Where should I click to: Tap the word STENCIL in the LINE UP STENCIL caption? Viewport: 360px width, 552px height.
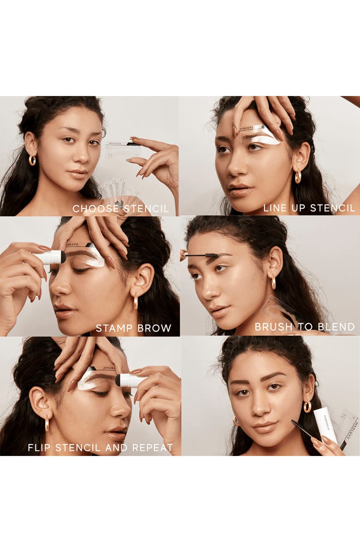(332, 208)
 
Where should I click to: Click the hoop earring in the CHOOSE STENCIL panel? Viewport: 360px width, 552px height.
(32, 160)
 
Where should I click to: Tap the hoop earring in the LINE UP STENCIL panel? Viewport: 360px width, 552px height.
(298, 176)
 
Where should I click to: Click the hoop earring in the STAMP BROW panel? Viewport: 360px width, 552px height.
(135, 302)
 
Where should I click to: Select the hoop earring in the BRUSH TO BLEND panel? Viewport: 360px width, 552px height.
(273, 282)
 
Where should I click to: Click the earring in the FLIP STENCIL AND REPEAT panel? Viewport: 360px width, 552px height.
(47, 424)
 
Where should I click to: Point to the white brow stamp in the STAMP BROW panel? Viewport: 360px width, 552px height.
(51, 258)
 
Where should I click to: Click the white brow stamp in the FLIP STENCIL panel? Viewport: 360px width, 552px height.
(130, 380)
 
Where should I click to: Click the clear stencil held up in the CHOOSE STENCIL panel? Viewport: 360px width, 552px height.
(123, 149)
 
